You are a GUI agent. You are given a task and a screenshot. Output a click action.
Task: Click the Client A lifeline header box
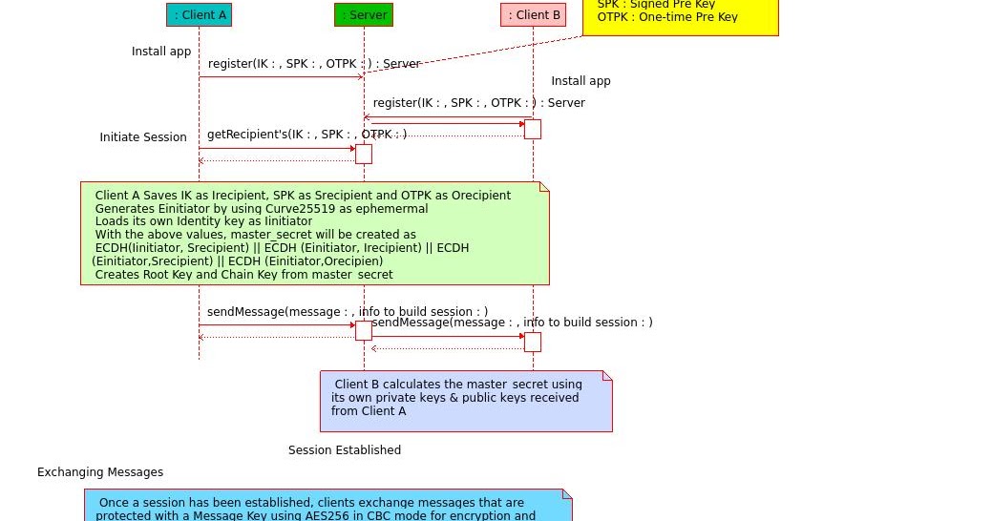pos(199,14)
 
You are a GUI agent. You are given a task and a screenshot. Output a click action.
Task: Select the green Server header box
pos(363,14)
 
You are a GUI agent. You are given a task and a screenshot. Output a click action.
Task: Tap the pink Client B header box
pos(533,14)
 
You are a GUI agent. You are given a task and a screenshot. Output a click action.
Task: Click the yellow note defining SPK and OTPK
pos(680,17)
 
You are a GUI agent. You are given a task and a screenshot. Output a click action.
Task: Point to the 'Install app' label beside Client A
pos(161,52)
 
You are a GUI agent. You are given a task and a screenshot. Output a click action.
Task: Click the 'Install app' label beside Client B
pos(580,81)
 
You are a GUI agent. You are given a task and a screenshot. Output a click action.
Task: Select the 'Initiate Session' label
pos(143,137)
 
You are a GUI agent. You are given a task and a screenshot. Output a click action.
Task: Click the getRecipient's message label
pos(306,135)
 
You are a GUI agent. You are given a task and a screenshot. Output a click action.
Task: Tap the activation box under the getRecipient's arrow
pos(364,154)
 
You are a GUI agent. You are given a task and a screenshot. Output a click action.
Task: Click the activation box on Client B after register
pos(533,129)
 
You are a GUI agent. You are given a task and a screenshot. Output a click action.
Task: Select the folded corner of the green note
pos(544,186)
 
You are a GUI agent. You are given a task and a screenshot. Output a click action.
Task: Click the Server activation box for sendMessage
pos(364,330)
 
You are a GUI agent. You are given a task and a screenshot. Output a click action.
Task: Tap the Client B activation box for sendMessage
pos(533,342)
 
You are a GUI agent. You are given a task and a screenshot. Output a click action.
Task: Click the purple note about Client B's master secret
pos(466,401)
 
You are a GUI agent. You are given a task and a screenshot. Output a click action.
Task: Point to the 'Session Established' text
pos(345,450)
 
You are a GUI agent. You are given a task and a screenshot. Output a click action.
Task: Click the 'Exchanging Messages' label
pos(100,472)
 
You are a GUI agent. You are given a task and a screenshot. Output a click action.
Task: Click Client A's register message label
pos(314,64)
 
